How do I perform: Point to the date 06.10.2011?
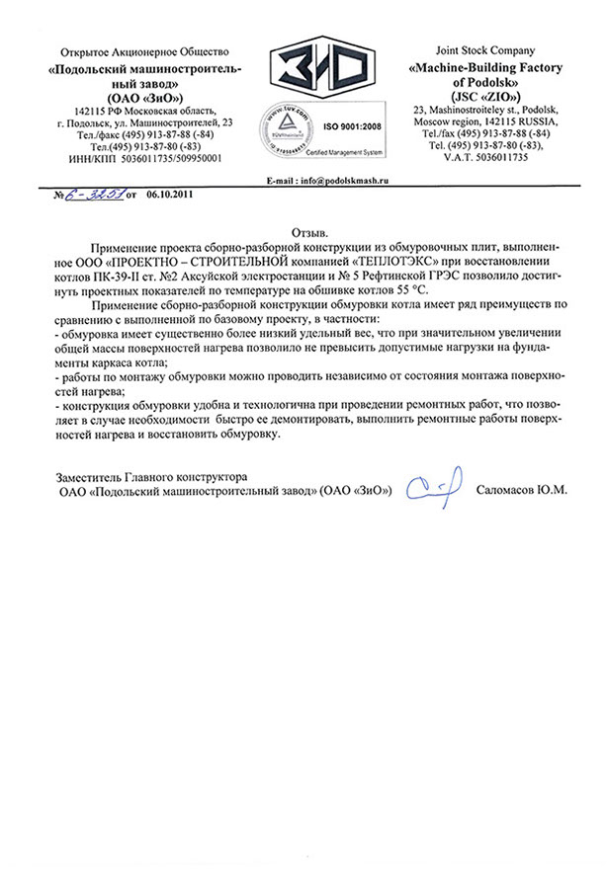point(169,196)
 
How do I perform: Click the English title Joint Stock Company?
point(484,49)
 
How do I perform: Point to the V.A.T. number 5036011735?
point(484,157)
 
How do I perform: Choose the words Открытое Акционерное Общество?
point(144,50)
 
